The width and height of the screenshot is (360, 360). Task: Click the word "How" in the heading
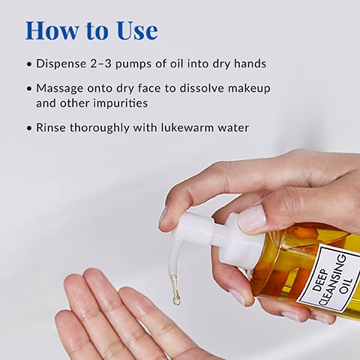tap(52, 31)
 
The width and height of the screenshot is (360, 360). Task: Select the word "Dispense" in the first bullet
tap(61, 64)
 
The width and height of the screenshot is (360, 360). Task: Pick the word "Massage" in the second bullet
tap(60, 89)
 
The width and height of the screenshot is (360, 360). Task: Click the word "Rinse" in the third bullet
tap(51, 127)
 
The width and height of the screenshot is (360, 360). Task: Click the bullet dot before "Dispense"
tap(29, 64)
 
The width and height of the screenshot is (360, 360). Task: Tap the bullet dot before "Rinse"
tap(29, 128)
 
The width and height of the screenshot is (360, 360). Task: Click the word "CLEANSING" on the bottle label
tap(333, 280)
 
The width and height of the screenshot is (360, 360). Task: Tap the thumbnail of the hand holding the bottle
tap(252, 215)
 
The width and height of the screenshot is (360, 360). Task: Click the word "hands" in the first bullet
tap(250, 64)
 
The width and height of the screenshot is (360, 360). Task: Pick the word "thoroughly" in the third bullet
tap(100, 127)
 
